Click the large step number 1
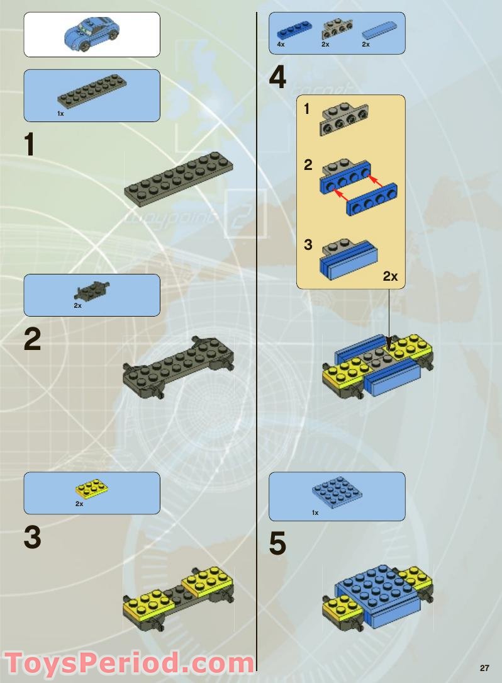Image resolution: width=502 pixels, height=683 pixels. coord(30,145)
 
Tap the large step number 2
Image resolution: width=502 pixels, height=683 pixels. coord(32,341)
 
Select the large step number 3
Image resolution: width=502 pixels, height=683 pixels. coord(32,538)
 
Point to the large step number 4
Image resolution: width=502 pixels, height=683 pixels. coord(277,79)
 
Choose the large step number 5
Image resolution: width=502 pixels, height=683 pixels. coord(277,545)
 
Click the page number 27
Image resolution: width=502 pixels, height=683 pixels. coord(484,669)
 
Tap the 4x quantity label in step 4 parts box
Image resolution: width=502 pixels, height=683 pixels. coord(281,45)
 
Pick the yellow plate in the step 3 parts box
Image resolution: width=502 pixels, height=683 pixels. coord(92,488)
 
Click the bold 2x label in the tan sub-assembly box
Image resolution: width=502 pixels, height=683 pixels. coord(390,276)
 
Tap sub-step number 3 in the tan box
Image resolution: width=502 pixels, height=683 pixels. coord(308,245)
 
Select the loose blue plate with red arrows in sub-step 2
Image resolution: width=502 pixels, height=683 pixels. coord(370,202)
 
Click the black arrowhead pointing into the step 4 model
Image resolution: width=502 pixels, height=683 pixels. coord(390,344)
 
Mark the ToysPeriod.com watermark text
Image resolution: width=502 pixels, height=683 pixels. coord(129,663)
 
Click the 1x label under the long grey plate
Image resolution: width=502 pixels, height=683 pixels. coord(60,114)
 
